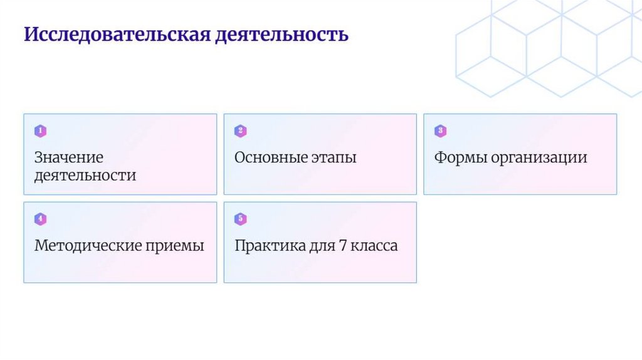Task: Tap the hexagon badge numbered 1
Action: coord(40,131)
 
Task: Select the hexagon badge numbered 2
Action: coord(240,131)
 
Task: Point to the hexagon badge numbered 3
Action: coord(440,131)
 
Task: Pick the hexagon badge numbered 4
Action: coord(40,219)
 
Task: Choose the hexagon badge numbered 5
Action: coord(240,219)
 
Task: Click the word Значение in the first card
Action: coord(69,157)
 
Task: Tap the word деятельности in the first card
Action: coord(85,175)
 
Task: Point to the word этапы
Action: coord(334,157)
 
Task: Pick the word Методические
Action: coord(87,246)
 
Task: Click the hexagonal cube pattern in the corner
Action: coord(552,47)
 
